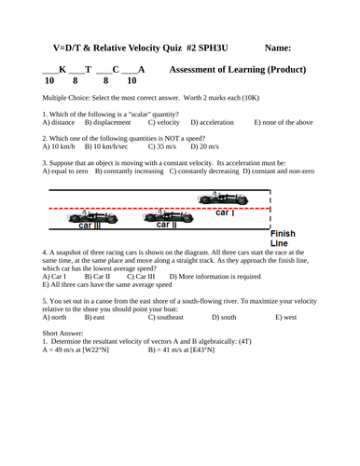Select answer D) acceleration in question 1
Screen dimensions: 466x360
coord(214,122)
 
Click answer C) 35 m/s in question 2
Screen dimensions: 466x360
coord(163,146)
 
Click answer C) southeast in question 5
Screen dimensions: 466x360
coord(163,317)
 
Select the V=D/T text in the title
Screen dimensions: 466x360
coord(62,48)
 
